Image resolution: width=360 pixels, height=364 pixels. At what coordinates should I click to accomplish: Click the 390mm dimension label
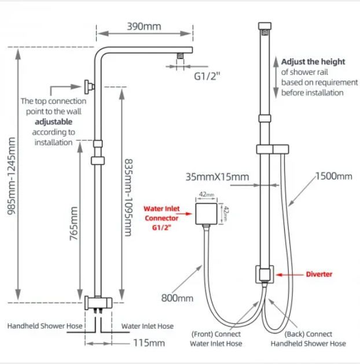(144, 27)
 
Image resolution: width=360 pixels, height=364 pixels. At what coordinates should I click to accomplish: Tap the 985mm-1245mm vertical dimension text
(11, 176)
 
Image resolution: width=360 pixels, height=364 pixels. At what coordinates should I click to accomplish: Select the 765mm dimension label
(74, 223)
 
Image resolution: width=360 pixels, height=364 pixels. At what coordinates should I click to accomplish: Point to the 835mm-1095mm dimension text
(128, 197)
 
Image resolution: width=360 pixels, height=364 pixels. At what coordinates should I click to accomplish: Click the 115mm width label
(149, 343)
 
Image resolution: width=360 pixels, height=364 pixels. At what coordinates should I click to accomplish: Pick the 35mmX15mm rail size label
(217, 177)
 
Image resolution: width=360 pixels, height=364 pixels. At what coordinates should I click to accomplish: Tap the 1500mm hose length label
(333, 176)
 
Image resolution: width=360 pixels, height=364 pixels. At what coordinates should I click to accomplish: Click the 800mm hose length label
(177, 298)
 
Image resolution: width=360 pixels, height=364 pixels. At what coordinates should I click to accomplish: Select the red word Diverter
(319, 274)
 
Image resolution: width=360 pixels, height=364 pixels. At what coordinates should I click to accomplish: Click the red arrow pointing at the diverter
(289, 275)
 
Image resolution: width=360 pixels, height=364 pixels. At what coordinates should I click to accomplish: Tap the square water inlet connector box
(207, 214)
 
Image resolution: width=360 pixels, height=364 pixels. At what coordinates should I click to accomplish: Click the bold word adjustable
(54, 122)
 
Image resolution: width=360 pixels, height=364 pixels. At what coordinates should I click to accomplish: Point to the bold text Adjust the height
(313, 62)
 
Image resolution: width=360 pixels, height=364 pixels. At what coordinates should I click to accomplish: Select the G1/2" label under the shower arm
(207, 76)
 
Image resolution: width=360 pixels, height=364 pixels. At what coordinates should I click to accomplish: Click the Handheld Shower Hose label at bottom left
(45, 326)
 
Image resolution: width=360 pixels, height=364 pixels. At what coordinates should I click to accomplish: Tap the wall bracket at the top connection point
(89, 87)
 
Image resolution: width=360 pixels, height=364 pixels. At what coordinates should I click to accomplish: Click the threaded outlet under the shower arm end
(181, 56)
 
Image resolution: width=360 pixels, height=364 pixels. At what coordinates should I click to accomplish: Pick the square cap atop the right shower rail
(265, 26)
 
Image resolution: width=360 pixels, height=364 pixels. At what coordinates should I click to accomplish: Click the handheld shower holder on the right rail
(273, 149)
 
